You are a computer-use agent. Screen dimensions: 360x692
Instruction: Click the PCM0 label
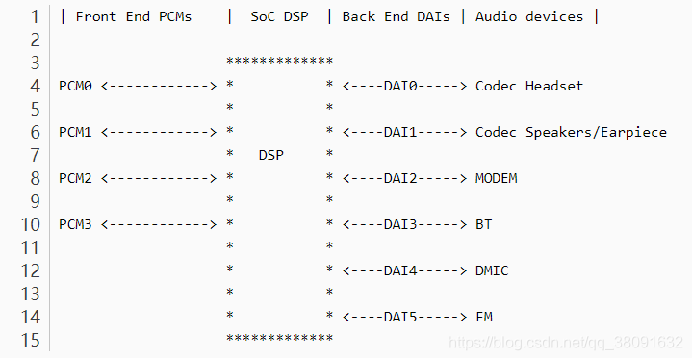click(x=75, y=86)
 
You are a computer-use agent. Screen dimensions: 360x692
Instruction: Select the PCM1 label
click(x=75, y=132)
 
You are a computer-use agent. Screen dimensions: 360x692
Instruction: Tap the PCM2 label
click(x=75, y=178)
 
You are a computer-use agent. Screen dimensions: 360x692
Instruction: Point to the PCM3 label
click(x=75, y=224)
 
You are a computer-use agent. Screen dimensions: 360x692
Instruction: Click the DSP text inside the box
click(x=271, y=155)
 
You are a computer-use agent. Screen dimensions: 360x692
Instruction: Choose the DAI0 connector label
click(x=400, y=86)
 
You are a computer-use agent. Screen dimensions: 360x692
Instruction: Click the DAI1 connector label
click(x=400, y=132)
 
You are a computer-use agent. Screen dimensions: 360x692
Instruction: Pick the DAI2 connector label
click(x=400, y=178)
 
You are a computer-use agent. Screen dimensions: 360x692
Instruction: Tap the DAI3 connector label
click(x=400, y=224)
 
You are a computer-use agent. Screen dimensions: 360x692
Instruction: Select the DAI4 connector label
click(x=400, y=270)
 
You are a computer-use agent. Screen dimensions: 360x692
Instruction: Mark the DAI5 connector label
click(x=400, y=317)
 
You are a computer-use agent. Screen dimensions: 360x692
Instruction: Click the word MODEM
click(x=496, y=178)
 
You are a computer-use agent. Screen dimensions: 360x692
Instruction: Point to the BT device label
click(x=483, y=224)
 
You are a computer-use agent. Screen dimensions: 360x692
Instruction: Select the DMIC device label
click(x=492, y=270)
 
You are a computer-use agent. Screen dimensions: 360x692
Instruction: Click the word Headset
click(x=554, y=86)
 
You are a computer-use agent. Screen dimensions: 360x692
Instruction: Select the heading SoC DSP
click(x=279, y=16)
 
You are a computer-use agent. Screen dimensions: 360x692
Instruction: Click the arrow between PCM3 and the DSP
click(x=159, y=224)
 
